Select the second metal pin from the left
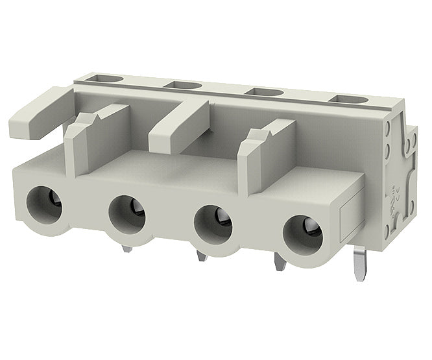point(202,254)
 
